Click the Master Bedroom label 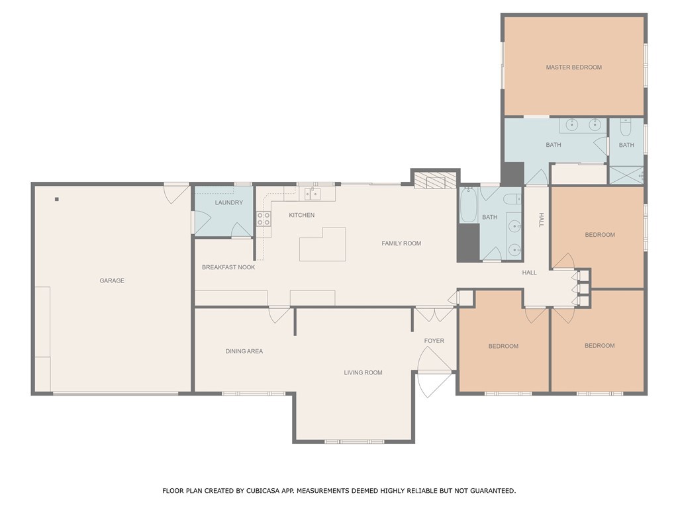point(574,67)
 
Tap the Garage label point(112,280)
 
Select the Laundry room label point(228,202)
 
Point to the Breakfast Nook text point(228,267)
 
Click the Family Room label point(401,243)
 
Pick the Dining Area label point(244,351)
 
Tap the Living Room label point(363,373)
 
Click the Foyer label point(434,341)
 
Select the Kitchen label point(302,215)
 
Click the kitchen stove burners point(264,218)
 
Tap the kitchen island point(322,245)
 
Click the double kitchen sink point(313,194)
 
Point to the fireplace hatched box point(436,180)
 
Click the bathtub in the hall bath point(468,205)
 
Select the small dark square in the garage point(57,199)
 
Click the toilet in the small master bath point(626,127)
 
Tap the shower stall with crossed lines point(626,175)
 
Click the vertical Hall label point(541,220)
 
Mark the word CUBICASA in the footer point(262,491)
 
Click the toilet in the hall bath point(513,199)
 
